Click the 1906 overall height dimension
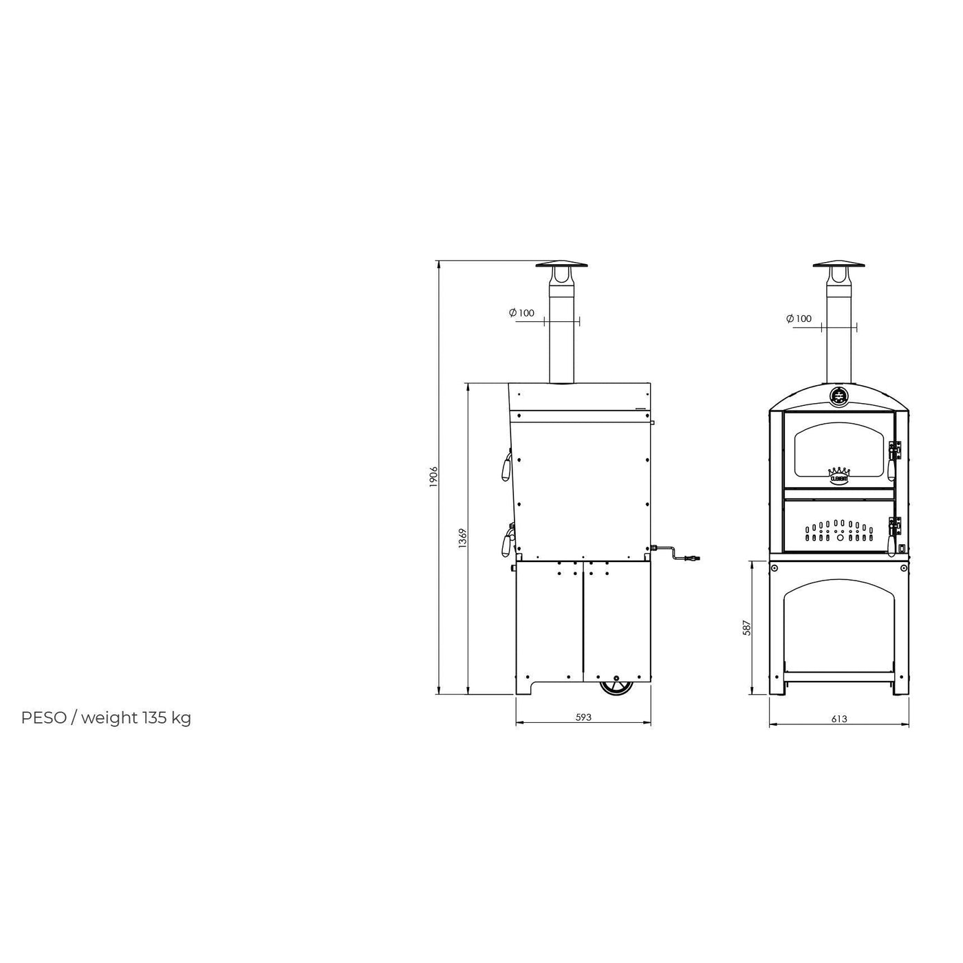point(433,477)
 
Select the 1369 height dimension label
point(463,538)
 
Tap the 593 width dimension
point(583,717)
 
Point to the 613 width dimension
point(838,719)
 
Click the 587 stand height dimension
point(746,627)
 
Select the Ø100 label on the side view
point(521,313)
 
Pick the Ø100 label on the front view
point(799,318)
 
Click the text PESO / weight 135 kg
point(107,718)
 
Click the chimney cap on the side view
point(562,266)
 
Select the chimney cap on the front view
point(838,266)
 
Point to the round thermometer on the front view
point(838,396)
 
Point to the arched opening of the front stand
point(838,626)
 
